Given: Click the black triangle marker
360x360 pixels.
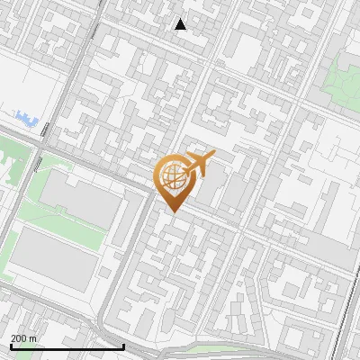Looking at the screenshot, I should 181,24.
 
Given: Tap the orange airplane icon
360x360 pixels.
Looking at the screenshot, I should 198,166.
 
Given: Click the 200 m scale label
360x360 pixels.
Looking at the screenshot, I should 23,338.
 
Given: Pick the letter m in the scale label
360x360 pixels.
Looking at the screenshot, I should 32,338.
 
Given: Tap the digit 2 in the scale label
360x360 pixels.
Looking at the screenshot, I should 13,338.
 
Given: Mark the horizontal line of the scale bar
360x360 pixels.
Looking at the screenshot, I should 67,346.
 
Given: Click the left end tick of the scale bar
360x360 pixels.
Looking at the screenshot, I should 11,345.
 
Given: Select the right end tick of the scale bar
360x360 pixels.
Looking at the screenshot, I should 123,345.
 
